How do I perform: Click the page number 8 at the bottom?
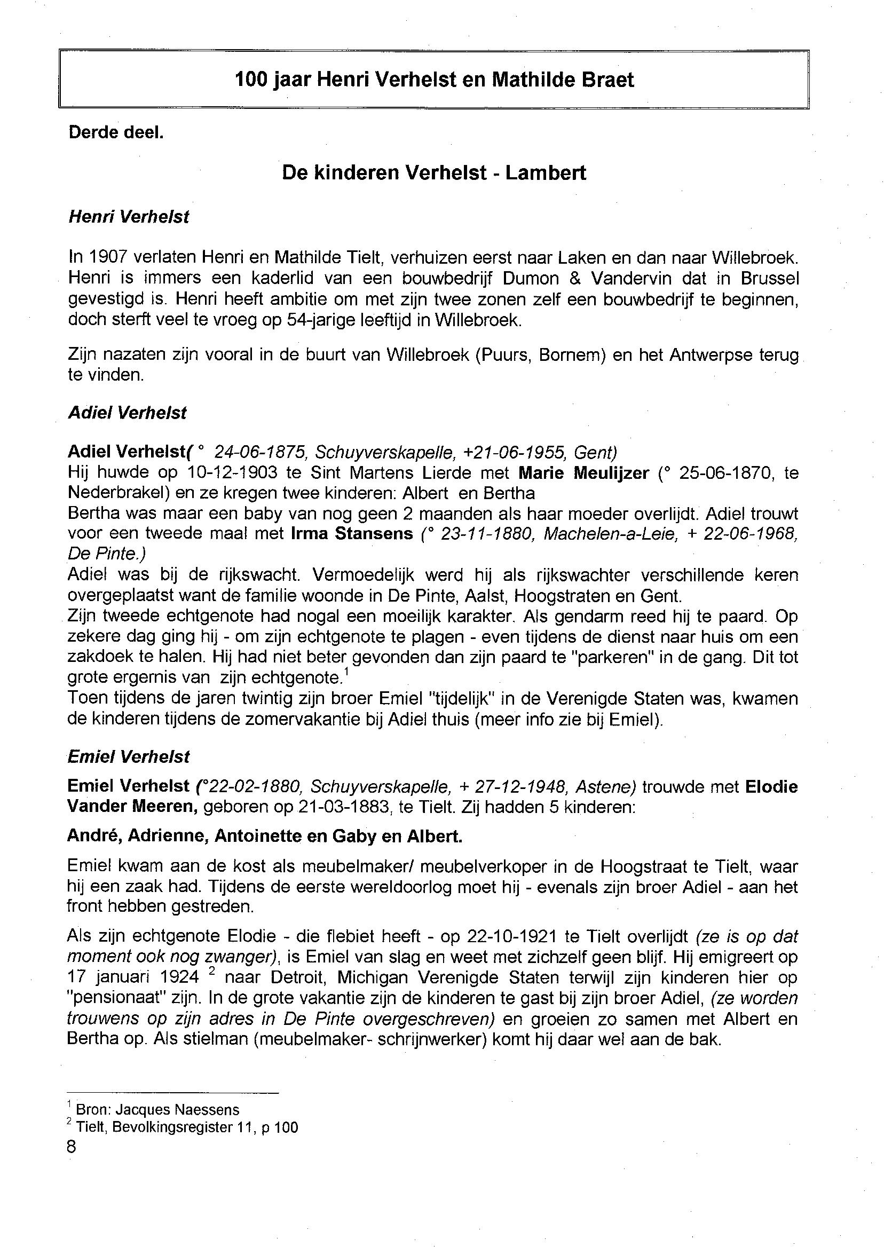pyautogui.click(x=72, y=1147)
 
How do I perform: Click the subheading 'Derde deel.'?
pyautogui.click(x=116, y=132)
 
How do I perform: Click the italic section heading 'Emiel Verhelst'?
pyautogui.click(x=129, y=756)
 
